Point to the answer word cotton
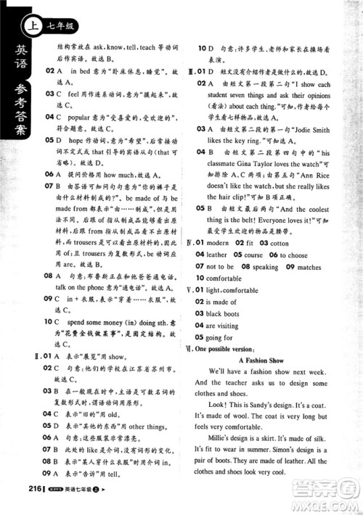point(279,243)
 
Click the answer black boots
point(224,313)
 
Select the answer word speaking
point(265,266)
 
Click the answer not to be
point(221,266)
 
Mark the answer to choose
point(294,255)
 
